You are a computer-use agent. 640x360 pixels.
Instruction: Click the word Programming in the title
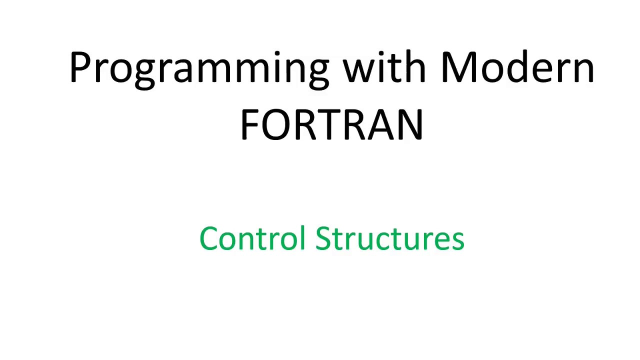tap(199, 68)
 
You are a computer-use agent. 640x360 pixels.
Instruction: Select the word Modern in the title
tap(517, 68)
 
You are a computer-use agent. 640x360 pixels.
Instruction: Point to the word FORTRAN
tap(331, 124)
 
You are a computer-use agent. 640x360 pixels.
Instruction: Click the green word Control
tap(252, 238)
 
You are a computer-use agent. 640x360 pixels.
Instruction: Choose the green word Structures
tap(389, 238)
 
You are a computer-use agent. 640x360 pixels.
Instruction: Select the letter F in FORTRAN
tap(248, 124)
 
